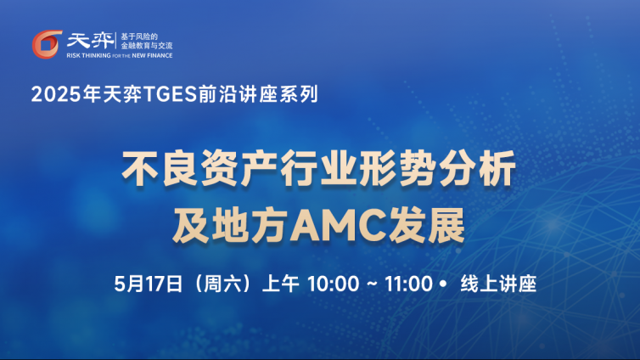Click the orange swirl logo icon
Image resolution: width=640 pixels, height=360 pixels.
(47, 43)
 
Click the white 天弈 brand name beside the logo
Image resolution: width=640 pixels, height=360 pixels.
(90, 41)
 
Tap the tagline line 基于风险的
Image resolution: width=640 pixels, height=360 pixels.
(139, 37)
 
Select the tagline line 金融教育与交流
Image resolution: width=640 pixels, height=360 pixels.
(147, 45)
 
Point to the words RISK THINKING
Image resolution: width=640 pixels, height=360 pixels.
(88, 55)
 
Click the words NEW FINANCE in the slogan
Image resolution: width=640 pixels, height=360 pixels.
(152, 55)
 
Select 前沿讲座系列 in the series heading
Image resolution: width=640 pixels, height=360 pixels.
(258, 94)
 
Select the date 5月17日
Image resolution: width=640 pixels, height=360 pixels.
(149, 284)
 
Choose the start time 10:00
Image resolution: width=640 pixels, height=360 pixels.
(333, 284)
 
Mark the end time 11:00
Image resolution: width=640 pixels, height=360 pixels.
(408, 284)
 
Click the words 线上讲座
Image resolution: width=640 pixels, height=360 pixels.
(498, 284)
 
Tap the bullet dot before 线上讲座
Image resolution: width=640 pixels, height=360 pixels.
(443, 284)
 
